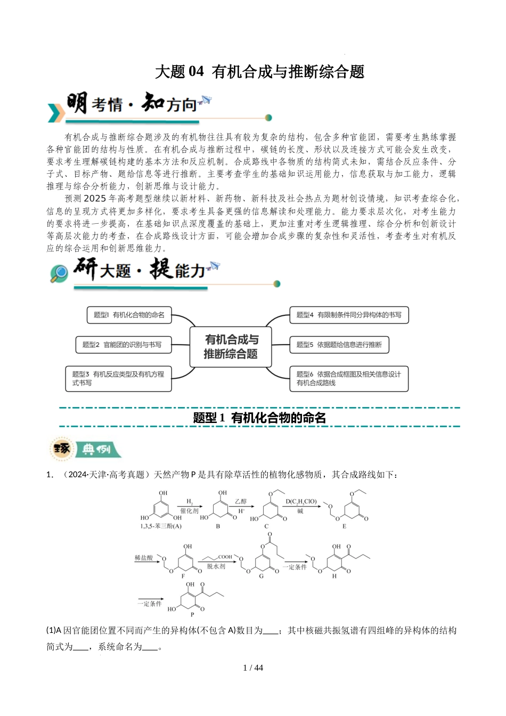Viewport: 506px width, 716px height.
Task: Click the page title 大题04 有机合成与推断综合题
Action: point(259,72)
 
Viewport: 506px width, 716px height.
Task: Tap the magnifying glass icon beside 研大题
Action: point(59,273)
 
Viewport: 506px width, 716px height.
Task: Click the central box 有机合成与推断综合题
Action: point(231,346)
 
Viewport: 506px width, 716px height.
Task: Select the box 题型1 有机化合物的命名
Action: point(129,315)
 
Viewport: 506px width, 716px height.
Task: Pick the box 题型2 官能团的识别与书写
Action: point(122,345)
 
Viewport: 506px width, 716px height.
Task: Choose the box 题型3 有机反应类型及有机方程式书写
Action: point(118,378)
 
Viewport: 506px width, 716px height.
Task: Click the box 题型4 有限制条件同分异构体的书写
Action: point(349,315)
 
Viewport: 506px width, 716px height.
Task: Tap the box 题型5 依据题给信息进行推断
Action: point(339,345)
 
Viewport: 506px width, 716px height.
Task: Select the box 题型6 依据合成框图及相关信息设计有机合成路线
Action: point(349,378)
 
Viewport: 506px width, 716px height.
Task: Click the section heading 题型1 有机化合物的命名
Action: point(259,418)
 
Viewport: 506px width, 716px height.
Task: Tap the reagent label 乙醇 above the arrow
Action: point(241,501)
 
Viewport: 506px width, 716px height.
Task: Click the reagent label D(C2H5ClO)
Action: point(301,501)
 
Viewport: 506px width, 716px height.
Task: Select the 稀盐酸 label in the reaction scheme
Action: point(144,558)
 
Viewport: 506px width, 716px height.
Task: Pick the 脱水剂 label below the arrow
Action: point(216,566)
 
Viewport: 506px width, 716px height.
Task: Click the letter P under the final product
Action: point(192,614)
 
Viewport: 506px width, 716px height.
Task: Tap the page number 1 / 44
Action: point(253,668)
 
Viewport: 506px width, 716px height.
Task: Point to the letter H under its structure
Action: point(334,576)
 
